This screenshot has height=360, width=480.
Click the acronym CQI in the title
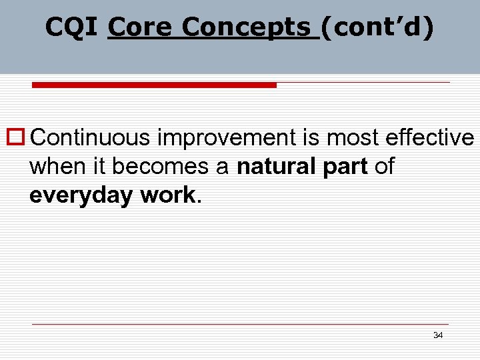tap(72, 27)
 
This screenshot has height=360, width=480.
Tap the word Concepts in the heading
tap(247, 27)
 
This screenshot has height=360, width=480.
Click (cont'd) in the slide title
tap(377, 27)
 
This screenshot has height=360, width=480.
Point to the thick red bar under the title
tap(155, 85)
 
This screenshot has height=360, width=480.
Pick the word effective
tap(431, 137)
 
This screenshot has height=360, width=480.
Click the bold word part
tap(345, 167)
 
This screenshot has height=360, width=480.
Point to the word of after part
tap(384, 167)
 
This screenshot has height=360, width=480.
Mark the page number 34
tap(437, 335)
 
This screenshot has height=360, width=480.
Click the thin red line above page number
tap(240, 325)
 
